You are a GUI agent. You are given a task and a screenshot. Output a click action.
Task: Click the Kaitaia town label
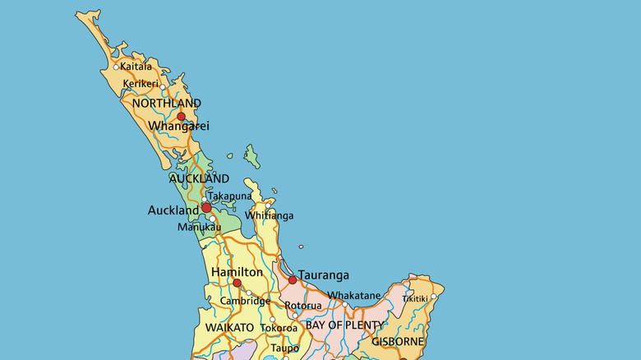coord(136,67)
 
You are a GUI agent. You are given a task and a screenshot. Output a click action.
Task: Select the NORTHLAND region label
coord(166,104)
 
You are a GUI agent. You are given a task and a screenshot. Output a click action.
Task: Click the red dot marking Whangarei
coord(182,116)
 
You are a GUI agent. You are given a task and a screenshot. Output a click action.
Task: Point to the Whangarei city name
coord(179,127)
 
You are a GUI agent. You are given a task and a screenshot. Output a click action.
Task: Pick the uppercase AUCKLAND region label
coord(199,178)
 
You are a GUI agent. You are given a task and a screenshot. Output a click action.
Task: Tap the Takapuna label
coord(229,196)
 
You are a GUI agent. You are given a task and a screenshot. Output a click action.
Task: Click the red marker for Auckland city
coord(206,208)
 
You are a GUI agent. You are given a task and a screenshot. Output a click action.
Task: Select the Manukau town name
coord(199,227)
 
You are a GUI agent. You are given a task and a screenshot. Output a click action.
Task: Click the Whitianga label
coord(269,216)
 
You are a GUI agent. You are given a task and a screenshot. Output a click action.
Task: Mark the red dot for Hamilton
coord(237,283)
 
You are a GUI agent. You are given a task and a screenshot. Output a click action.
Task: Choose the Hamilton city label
coord(237,272)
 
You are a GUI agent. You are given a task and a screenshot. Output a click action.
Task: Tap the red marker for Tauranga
coord(293,280)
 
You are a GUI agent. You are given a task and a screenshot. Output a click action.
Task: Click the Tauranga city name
coord(324,275)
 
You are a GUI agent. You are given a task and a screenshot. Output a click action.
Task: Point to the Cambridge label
coord(245,302)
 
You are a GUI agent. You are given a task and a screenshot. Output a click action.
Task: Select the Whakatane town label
coord(354,296)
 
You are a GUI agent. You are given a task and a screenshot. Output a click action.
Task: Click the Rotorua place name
coord(303,306)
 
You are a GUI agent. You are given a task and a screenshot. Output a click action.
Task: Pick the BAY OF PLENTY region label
coord(344,325)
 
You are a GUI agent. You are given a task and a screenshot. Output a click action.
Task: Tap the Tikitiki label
coord(414,298)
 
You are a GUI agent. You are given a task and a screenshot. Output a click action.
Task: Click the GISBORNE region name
coord(398,341)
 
